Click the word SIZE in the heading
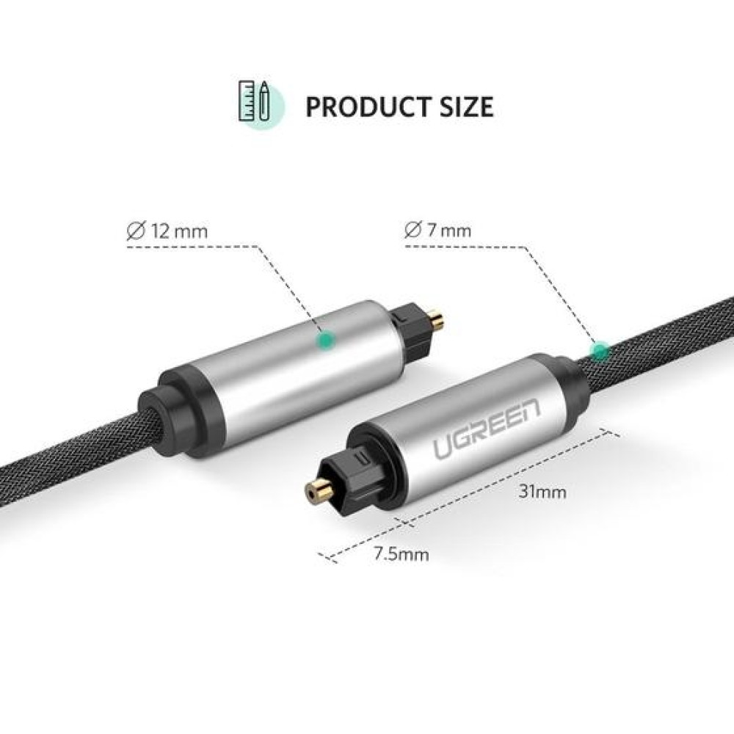click(465, 106)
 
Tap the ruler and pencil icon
click(254, 102)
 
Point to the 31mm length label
click(542, 492)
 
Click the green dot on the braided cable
click(601, 351)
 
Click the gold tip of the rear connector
click(437, 320)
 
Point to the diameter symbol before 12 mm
click(134, 231)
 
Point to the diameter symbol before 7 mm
click(412, 231)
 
